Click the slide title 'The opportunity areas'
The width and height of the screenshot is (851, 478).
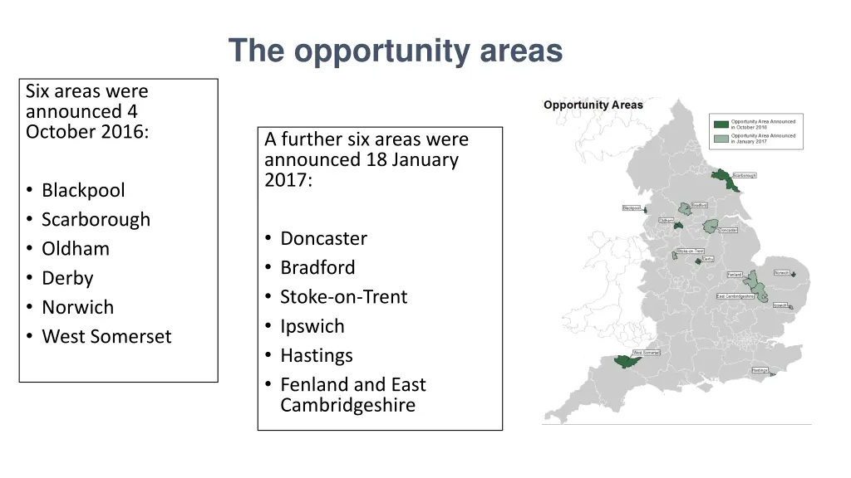click(x=396, y=51)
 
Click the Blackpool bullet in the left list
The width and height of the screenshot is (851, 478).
click(x=83, y=190)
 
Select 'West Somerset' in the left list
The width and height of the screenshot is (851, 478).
click(x=106, y=336)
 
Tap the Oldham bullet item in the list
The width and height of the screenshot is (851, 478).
click(x=76, y=248)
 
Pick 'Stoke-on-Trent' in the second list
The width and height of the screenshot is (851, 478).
click(x=343, y=297)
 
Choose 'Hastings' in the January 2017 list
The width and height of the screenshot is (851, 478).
click(x=316, y=355)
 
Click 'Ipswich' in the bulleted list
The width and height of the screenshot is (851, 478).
click(x=312, y=326)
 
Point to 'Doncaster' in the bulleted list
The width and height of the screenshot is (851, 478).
click(x=323, y=238)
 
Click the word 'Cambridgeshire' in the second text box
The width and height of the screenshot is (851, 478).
click(x=347, y=405)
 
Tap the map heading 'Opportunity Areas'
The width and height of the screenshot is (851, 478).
click(x=593, y=105)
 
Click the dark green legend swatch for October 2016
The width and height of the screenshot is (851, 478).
click(x=721, y=124)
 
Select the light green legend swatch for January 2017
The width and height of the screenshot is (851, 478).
click(x=721, y=138)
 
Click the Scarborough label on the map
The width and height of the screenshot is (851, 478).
click(x=744, y=176)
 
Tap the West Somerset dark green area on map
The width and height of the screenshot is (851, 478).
click(x=625, y=361)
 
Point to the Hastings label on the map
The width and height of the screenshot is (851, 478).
click(x=760, y=370)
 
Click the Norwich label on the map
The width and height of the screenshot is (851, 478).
click(x=783, y=272)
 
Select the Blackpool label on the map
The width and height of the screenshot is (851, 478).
click(x=632, y=208)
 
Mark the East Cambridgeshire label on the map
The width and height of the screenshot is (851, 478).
click(x=735, y=296)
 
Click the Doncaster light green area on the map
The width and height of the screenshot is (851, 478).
click(x=711, y=225)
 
